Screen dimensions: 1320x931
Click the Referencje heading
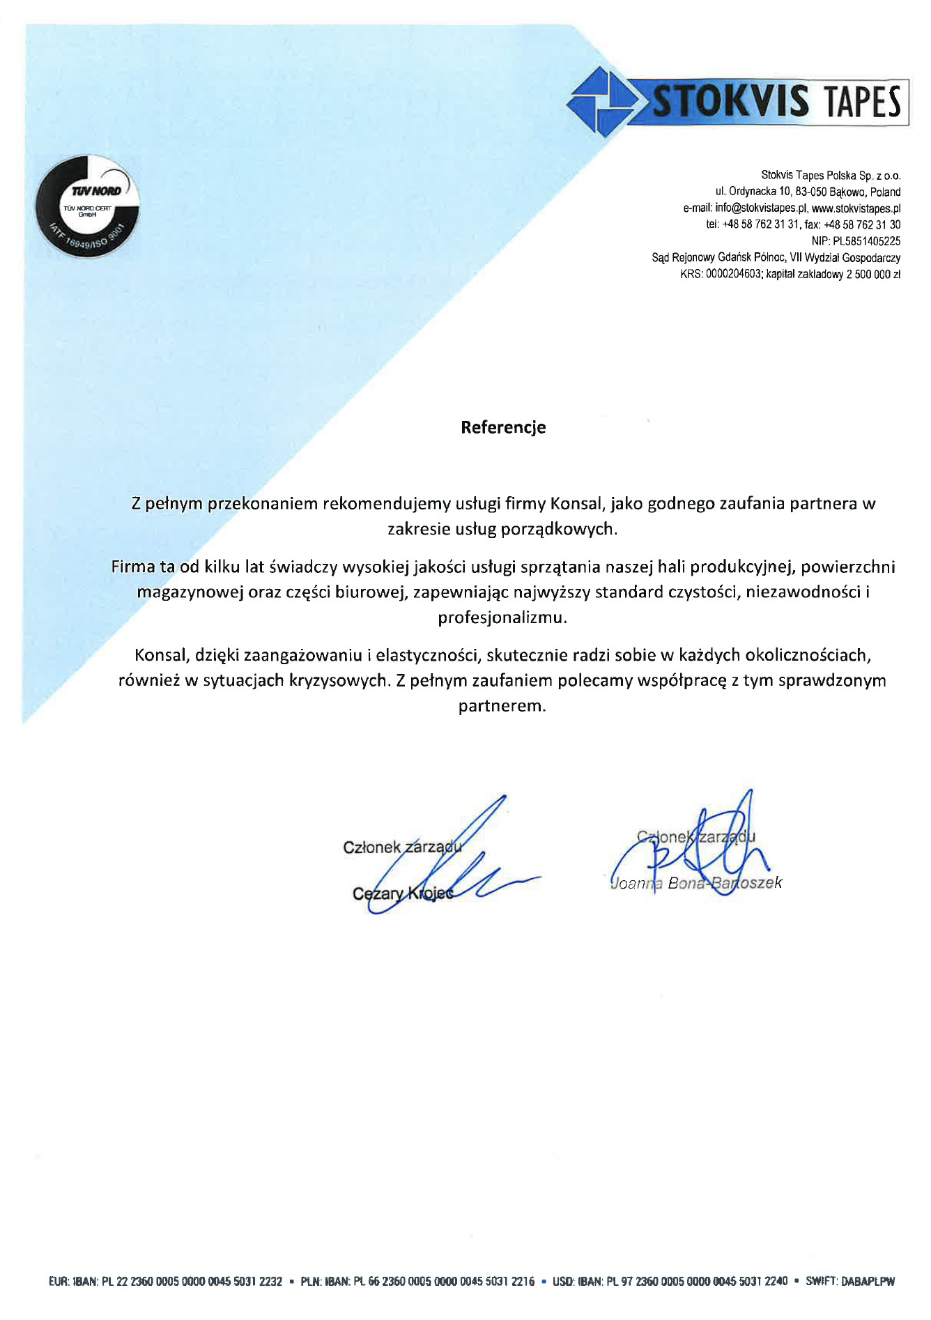pos(502,427)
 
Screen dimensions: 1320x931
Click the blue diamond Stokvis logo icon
pos(600,102)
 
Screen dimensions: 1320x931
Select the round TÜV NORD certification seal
pos(87,206)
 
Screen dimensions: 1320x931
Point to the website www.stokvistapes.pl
pos(856,208)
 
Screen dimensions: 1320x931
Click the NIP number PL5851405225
pos(867,241)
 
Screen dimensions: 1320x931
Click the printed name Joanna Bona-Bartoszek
pos(695,883)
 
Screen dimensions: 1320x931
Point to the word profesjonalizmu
pos(502,617)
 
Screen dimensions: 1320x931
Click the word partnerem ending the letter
pos(502,706)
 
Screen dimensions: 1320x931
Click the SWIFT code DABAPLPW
pos(868,1281)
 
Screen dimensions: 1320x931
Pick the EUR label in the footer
pos(59,1281)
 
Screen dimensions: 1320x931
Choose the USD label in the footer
pos(562,1281)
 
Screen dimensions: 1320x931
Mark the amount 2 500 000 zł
pos(873,275)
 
